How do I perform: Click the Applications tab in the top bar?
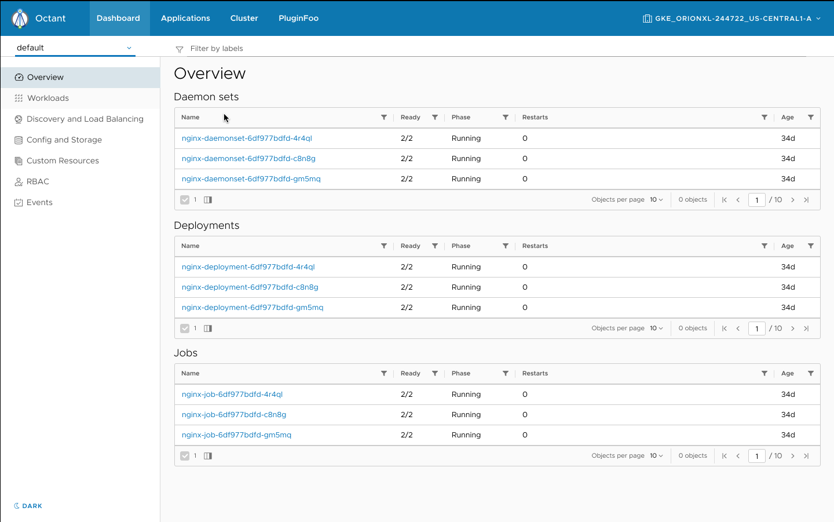pos(185,18)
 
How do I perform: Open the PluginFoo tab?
pos(298,18)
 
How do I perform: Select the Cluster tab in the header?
pos(244,18)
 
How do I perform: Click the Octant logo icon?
pos(20,19)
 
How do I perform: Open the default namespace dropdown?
pos(75,48)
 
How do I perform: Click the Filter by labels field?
pos(492,49)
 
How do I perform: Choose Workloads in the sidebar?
pos(48,98)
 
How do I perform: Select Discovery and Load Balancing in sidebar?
pos(85,119)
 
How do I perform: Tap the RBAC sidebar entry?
pos(38,181)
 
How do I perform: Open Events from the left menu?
pos(39,202)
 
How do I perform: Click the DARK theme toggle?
pos(28,506)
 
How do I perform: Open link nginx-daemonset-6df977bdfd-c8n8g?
pos(248,158)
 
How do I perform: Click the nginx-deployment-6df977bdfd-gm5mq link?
pos(253,307)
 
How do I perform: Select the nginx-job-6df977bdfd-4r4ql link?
pos(232,394)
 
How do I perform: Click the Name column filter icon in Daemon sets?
pos(384,117)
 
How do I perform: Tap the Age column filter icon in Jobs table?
pos(811,373)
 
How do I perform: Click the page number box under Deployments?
pos(756,328)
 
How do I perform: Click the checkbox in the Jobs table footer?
pos(185,456)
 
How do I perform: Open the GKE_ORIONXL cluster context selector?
pos(732,19)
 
